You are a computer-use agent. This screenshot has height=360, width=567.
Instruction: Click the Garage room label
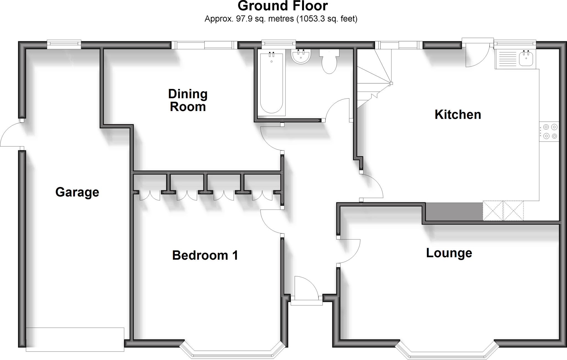77,192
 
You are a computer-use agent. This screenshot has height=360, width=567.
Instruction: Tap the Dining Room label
188,100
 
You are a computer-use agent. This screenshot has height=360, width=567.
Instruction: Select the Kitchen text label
458,115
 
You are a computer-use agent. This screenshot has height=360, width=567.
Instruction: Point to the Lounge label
449,253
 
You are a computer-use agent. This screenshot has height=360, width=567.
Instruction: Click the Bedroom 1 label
205,255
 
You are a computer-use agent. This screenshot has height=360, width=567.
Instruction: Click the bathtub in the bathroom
271,83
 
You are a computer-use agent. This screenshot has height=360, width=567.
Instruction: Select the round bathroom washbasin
301,56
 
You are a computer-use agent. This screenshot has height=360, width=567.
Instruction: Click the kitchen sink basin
526,59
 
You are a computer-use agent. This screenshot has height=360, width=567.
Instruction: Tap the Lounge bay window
447,351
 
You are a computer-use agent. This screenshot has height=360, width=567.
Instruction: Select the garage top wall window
64,44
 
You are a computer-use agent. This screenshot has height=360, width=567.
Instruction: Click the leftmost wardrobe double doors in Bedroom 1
150,195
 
